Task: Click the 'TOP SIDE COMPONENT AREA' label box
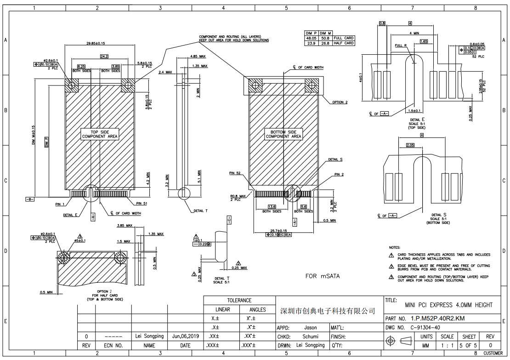(x=100, y=134)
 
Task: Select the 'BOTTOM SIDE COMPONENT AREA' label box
(x=283, y=134)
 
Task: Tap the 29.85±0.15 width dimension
(x=96, y=43)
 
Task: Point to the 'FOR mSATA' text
(x=324, y=276)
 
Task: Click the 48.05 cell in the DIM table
(x=312, y=38)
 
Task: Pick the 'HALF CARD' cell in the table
(x=344, y=43)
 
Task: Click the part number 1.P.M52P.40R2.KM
(x=438, y=318)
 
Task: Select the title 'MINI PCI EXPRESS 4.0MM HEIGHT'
(x=448, y=305)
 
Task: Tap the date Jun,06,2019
(x=185, y=336)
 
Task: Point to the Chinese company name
(x=328, y=311)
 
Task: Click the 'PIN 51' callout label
(x=142, y=203)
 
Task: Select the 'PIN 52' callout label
(x=235, y=173)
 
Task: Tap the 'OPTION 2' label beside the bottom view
(x=340, y=102)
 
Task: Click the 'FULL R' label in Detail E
(x=401, y=46)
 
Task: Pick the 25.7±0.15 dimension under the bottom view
(x=278, y=230)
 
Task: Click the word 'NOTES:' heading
(x=395, y=248)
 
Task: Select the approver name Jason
(x=311, y=328)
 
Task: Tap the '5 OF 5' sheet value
(x=469, y=345)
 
